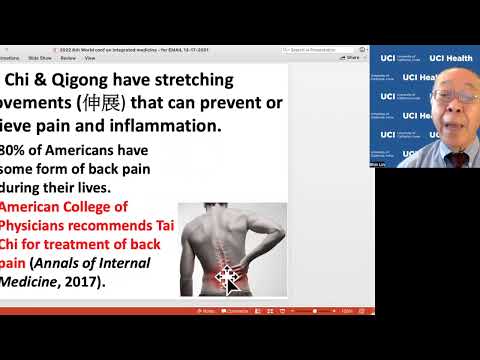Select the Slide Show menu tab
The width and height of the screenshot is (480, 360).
point(55,58)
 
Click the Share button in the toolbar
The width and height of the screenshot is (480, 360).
point(351,58)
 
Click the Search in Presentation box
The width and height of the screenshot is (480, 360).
point(322,48)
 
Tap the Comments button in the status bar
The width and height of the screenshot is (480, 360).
point(237,311)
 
